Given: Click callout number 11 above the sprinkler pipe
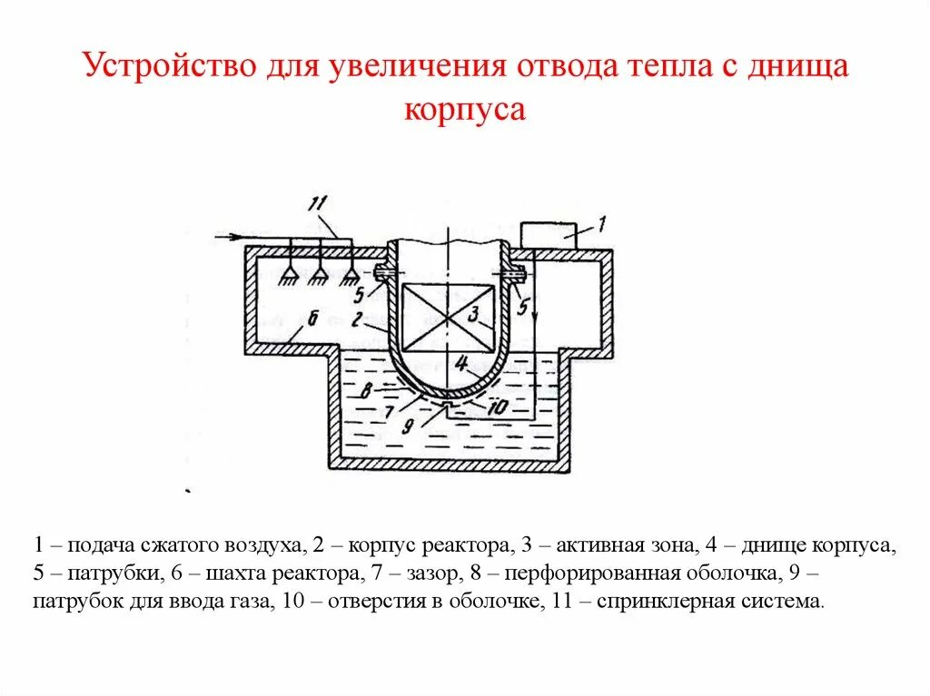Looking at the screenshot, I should pos(317,206).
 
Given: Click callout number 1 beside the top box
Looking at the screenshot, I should pos(601,221).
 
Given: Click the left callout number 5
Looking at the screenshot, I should pos(360,293).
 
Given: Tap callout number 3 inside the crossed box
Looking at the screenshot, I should pos(473,314).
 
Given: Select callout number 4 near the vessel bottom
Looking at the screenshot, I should pos(460,364).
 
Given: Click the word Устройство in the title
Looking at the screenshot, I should pos(169,66).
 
